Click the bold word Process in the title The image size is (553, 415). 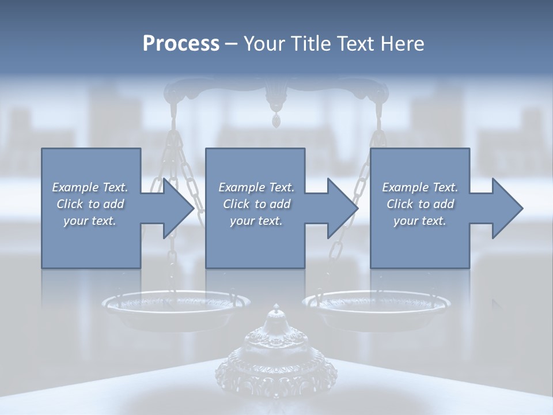[181, 44]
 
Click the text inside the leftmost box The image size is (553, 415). [90, 204]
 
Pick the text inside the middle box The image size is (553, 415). [256, 204]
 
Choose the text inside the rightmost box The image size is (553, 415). [420, 204]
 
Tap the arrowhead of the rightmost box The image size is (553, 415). [506, 208]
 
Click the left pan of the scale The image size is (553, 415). [176, 305]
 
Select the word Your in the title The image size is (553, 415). [264, 44]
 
